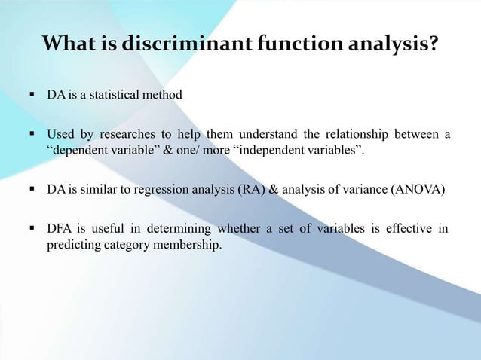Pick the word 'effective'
point(411,229)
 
